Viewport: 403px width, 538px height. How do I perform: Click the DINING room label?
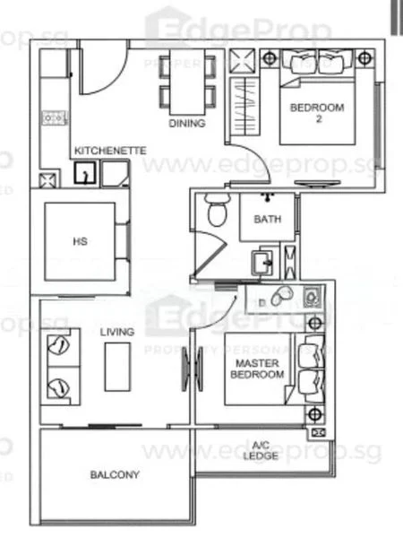click(187, 123)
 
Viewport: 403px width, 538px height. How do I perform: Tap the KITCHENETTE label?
click(110, 151)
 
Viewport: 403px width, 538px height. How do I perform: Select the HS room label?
click(79, 240)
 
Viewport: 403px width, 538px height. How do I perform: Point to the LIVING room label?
click(117, 332)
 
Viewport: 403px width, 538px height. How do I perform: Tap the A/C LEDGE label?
click(261, 450)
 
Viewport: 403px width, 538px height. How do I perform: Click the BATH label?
click(267, 219)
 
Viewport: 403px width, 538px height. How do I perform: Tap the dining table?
click(187, 79)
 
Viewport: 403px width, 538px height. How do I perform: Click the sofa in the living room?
click(60, 367)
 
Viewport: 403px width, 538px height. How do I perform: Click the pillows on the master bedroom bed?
click(313, 368)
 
